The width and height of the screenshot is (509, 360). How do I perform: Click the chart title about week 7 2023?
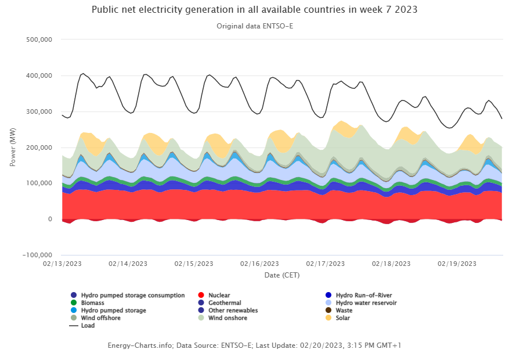[254, 10]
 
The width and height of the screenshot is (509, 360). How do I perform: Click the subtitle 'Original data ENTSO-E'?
[254, 26]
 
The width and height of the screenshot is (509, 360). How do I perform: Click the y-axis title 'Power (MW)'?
[13, 147]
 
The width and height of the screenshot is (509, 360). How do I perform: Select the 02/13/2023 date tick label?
[62, 264]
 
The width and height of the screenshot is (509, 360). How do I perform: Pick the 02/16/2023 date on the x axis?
[259, 264]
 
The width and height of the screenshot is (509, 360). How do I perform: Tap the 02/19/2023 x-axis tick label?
[456, 264]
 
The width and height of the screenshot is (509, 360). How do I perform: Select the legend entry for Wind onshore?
[224, 318]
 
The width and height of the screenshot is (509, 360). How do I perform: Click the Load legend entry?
[88, 326]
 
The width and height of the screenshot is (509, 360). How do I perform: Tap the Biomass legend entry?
[92, 303]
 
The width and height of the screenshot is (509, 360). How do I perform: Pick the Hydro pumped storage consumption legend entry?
[132, 295]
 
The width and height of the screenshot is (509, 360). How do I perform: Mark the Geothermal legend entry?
[224, 303]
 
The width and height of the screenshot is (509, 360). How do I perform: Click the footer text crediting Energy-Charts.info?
[254, 345]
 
